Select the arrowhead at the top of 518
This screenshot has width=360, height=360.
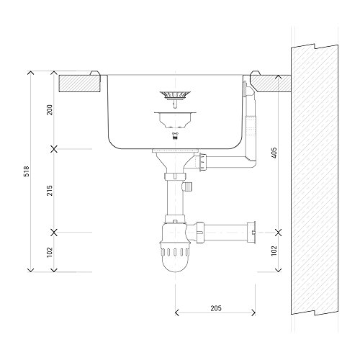coord(30,74)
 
